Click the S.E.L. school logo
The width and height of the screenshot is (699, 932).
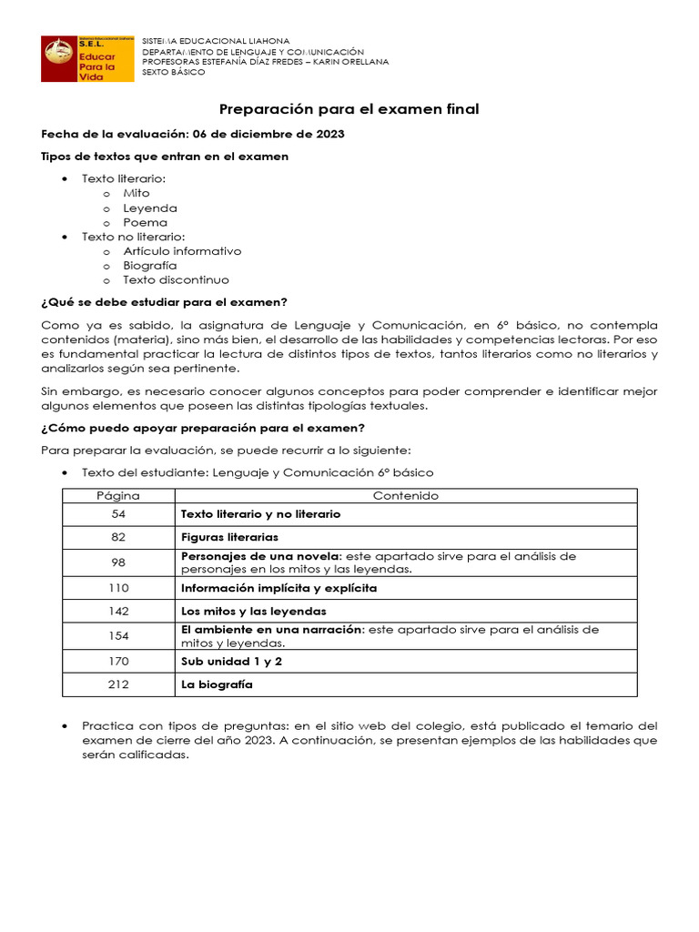(x=87, y=59)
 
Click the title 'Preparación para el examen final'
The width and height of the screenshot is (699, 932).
(x=349, y=109)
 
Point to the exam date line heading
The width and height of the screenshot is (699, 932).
(x=193, y=134)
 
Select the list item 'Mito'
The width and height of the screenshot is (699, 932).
(x=137, y=193)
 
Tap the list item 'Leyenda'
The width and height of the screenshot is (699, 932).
(x=150, y=208)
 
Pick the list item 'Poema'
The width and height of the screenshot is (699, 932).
(x=146, y=222)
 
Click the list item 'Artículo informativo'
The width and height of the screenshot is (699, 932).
(x=182, y=250)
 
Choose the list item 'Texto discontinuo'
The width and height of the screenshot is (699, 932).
(x=177, y=279)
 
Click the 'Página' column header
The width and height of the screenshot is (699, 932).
(x=118, y=496)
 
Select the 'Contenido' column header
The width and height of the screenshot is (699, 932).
(x=406, y=496)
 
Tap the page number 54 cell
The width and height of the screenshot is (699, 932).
(x=118, y=514)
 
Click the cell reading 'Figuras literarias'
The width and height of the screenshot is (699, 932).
(x=229, y=537)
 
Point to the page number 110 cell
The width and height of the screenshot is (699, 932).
(x=118, y=588)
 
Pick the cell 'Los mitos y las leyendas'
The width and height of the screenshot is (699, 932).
(x=253, y=612)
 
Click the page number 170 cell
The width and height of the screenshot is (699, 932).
(x=118, y=661)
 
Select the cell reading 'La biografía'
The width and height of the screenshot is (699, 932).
(x=217, y=684)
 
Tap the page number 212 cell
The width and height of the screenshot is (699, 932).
(x=118, y=684)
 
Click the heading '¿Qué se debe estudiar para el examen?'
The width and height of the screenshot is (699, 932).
(x=165, y=302)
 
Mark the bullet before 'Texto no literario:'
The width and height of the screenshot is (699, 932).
(x=64, y=237)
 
